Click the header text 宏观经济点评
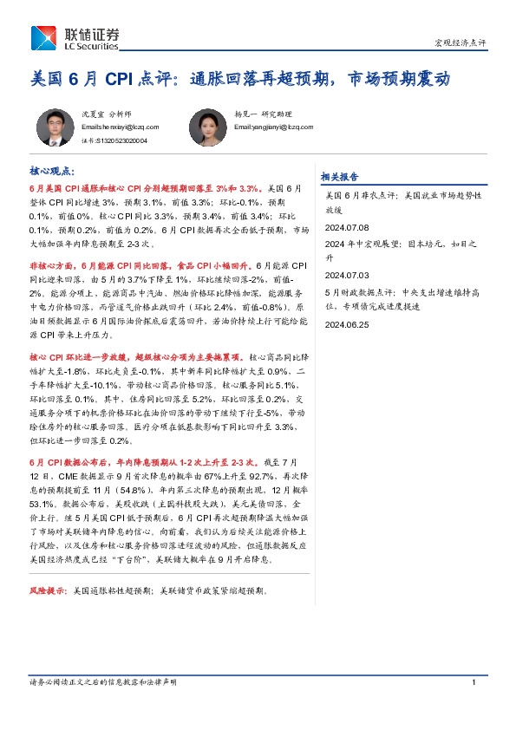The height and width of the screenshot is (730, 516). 460,42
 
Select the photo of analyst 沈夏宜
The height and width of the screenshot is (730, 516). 54,127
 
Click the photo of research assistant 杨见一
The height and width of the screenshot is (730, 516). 208,127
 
